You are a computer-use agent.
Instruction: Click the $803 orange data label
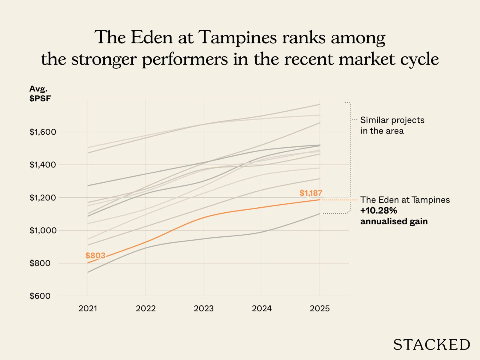coord(95,256)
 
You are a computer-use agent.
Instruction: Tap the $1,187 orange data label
coord(311,193)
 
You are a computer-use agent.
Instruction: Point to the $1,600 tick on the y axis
coord(43,132)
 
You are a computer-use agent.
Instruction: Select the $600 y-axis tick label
coord(40,296)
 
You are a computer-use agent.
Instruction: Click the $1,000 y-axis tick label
coord(43,230)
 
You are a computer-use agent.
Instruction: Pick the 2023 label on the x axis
coord(204,308)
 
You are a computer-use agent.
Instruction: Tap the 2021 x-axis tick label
coord(88,308)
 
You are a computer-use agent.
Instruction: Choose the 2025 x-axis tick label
coord(320,308)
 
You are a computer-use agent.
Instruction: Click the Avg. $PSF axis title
coord(40,93)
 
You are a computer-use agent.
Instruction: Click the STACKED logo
coord(431,345)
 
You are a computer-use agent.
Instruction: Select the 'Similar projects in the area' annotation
coord(392,125)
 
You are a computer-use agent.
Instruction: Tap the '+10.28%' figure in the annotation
coord(379,211)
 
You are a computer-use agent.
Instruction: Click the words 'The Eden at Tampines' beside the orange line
coord(405,200)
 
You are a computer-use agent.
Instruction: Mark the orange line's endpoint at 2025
coord(320,200)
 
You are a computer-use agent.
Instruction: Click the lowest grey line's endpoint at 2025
coord(320,214)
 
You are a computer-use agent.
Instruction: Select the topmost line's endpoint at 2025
coord(320,104)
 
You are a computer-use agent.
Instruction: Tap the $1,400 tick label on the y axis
coord(43,165)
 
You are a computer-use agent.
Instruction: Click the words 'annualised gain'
coord(394,221)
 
